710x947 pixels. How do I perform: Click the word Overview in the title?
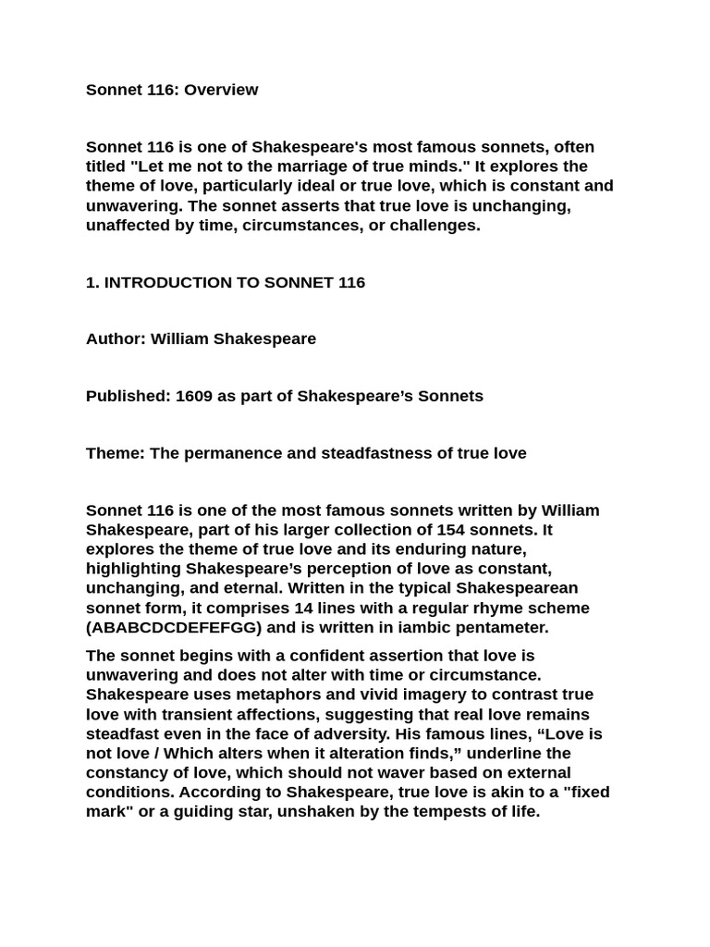point(221,90)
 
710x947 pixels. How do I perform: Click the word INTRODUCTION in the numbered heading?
point(168,282)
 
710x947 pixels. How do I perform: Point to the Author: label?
point(116,338)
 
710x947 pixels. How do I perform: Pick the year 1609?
point(193,396)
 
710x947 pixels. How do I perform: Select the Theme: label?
point(115,453)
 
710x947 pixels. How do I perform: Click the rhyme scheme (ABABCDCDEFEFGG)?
point(174,627)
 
